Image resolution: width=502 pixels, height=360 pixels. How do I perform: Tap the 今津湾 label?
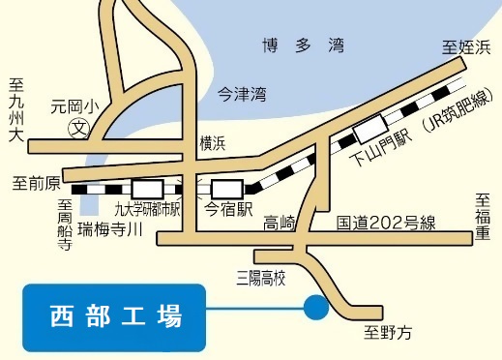tap(241, 93)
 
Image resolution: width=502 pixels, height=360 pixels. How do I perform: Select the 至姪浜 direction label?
tap(466, 47)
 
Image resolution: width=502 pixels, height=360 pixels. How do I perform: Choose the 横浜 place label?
tap(212, 143)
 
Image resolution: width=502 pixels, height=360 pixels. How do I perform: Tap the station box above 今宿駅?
tap(227, 188)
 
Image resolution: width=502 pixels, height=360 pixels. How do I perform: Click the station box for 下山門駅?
tap(369, 130)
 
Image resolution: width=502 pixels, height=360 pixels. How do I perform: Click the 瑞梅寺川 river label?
tap(110, 229)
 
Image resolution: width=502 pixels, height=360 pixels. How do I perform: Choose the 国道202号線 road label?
tap(387, 223)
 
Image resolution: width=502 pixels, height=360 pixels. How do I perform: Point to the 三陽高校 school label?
tap(262, 278)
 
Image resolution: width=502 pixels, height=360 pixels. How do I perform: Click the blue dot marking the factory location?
tap(314, 309)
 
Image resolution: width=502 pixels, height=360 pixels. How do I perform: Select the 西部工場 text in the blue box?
tap(114, 315)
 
